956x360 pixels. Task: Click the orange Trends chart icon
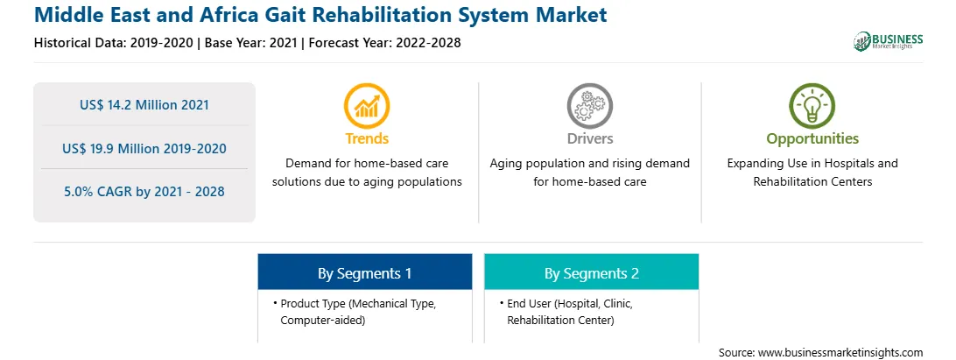pyautogui.click(x=367, y=106)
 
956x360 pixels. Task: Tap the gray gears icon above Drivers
pyautogui.click(x=589, y=106)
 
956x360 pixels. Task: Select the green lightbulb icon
pyautogui.click(x=812, y=106)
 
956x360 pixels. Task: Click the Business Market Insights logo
pyautogui.click(x=889, y=41)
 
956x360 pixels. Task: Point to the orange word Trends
pyautogui.click(x=367, y=138)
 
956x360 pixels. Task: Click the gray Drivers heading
pyautogui.click(x=589, y=138)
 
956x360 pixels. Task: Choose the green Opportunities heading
pyautogui.click(x=812, y=139)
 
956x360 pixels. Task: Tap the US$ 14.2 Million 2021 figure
pyautogui.click(x=144, y=105)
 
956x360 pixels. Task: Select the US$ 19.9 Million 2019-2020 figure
pyautogui.click(x=144, y=148)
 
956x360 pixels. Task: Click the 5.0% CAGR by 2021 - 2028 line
pyautogui.click(x=144, y=192)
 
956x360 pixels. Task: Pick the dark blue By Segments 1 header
pyautogui.click(x=364, y=272)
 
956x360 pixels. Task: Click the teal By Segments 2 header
pyautogui.click(x=592, y=272)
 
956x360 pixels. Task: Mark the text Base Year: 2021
pyautogui.click(x=251, y=43)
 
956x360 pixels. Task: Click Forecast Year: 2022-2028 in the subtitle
pyautogui.click(x=384, y=43)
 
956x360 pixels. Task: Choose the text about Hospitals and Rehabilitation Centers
pyautogui.click(x=812, y=173)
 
